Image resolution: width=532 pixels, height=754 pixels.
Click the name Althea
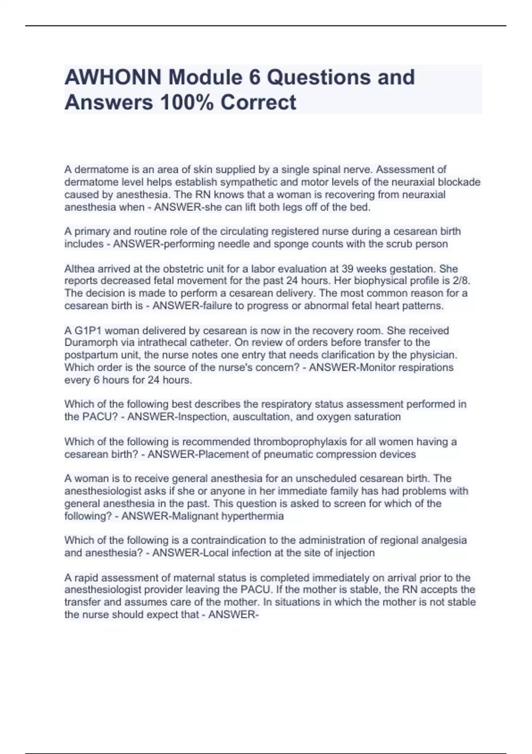click(79, 269)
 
